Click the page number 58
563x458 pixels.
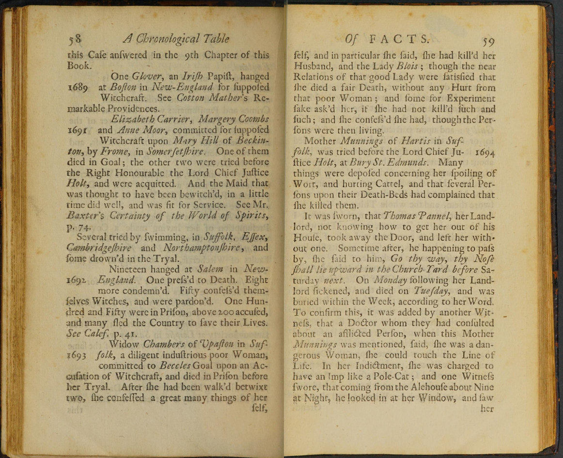[77, 39]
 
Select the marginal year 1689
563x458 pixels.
[78, 88]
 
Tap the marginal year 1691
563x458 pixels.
[78, 130]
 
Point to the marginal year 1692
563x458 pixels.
[78, 281]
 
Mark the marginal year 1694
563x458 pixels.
[485, 152]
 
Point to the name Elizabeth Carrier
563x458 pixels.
[142, 120]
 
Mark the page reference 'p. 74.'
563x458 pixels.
[78, 226]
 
